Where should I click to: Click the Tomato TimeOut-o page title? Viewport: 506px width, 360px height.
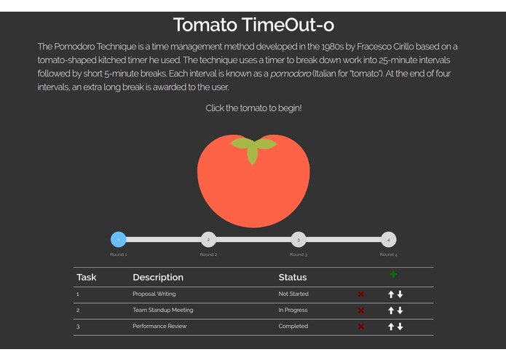pyautogui.click(x=253, y=25)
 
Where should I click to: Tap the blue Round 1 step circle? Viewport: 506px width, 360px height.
pyautogui.click(x=119, y=239)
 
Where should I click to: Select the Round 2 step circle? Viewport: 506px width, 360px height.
pyautogui.click(x=208, y=239)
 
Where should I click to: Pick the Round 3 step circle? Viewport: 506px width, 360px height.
pyautogui.click(x=299, y=239)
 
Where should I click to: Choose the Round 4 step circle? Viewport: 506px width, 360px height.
pyautogui.click(x=389, y=239)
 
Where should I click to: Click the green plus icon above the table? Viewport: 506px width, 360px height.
pyautogui.click(x=394, y=274)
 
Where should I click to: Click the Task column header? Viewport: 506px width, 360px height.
pyautogui.click(x=87, y=278)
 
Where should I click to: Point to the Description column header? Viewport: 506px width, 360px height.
pyautogui.click(x=158, y=278)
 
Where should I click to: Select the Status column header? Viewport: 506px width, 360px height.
pyautogui.click(x=293, y=278)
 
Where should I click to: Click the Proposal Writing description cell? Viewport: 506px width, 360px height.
pyautogui.click(x=154, y=294)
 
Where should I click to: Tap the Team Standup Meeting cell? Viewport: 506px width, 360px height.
pyautogui.click(x=163, y=310)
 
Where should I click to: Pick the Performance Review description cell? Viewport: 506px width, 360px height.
pyautogui.click(x=159, y=326)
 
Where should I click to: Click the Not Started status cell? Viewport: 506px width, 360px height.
pyautogui.click(x=293, y=294)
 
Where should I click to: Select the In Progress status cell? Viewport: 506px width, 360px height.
pyautogui.click(x=293, y=310)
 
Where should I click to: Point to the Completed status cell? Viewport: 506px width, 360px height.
pyautogui.click(x=293, y=326)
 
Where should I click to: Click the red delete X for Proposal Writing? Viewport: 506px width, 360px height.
pyautogui.click(x=361, y=294)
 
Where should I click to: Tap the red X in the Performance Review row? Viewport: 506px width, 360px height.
pyautogui.click(x=361, y=326)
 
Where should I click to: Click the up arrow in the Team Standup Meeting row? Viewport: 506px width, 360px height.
pyautogui.click(x=391, y=310)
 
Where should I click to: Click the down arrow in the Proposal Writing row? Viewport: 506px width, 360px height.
pyautogui.click(x=400, y=294)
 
